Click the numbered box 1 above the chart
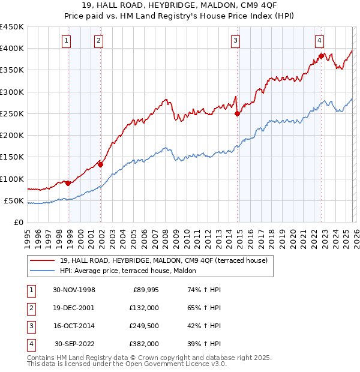click(65, 41)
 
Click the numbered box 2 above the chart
click(98, 41)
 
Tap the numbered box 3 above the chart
click(235, 41)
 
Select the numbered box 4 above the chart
click(320, 41)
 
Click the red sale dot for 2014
click(237, 113)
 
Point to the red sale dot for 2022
click(321, 56)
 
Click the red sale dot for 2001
click(101, 164)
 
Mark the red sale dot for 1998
click(68, 183)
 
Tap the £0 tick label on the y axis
click(19, 222)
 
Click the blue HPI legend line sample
click(42, 271)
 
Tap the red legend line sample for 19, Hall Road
click(42, 260)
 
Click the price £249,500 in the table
click(143, 326)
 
